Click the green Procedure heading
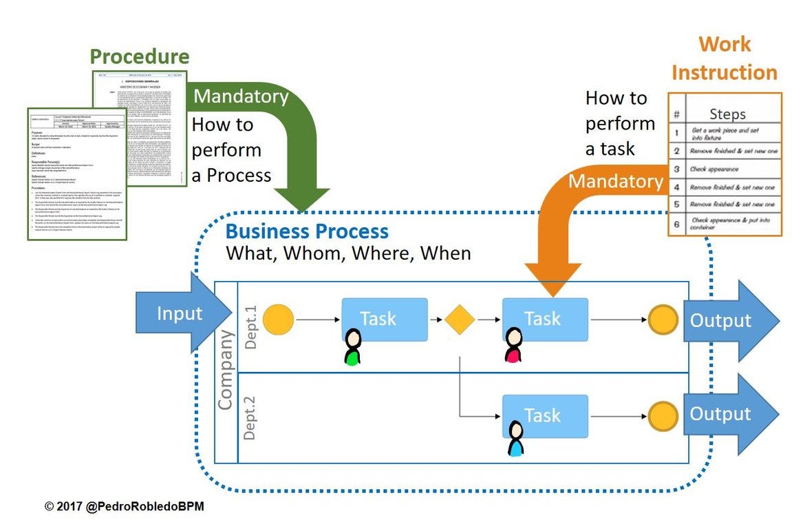coord(140,56)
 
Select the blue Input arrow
coord(181,313)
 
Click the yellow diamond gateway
coord(460,320)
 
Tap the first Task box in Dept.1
coord(385,319)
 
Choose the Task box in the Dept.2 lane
coord(545,415)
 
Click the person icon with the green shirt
coord(353,347)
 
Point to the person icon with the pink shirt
coord(513,346)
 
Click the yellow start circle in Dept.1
coord(278,320)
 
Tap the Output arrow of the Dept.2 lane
coord(729,414)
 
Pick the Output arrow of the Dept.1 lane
coord(729,320)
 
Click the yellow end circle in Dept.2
coord(664,415)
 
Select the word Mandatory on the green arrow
coord(241,96)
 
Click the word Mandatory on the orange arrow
coord(616,181)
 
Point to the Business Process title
coord(307,231)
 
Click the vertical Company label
coord(226,370)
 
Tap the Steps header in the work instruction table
coord(727,114)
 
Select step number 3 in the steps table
coord(676,169)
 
